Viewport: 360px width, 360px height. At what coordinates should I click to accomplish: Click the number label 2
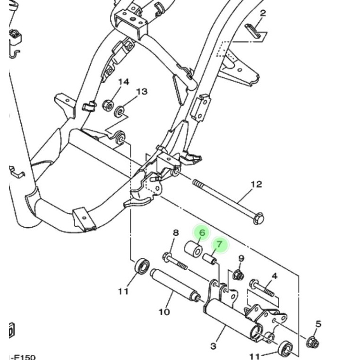tap(263, 13)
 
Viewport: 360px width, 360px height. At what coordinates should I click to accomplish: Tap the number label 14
tap(123, 82)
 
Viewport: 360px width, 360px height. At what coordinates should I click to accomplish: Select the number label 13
tap(142, 92)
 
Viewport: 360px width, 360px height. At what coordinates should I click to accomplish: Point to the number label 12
tap(256, 184)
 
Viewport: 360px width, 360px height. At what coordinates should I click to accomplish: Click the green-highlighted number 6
tap(202, 232)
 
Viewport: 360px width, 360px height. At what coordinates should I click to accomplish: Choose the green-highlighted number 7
tap(220, 244)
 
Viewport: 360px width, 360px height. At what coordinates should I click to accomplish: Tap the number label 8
tap(175, 233)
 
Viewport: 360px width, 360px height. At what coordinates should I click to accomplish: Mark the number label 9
tap(241, 258)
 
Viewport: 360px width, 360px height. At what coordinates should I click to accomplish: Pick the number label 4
tap(274, 276)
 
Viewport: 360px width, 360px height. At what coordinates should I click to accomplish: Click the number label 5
tap(318, 324)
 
